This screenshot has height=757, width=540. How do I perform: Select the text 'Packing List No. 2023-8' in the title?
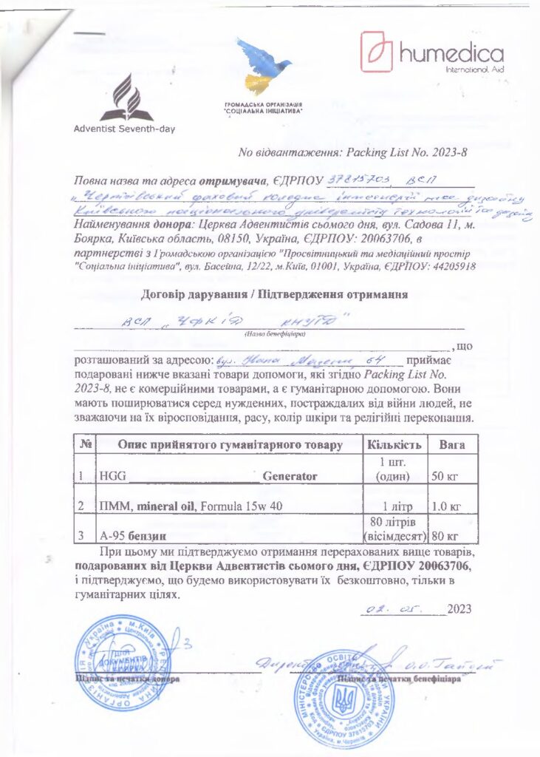click(x=403, y=152)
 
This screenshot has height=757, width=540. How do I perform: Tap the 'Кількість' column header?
click(x=394, y=445)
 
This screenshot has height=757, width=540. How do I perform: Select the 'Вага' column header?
click(x=451, y=445)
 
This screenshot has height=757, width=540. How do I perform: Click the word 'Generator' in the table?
click(x=289, y=476)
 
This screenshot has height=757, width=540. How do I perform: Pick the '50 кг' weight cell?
click(x=445, y=476)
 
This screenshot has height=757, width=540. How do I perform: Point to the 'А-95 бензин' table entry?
click(x=132, y=534)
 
